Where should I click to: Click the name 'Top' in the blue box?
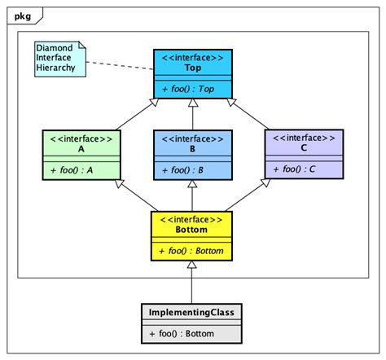tap(193, 68)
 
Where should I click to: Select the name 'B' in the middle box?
tap(193, 150)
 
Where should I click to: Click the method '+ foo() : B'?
tap(193, 170)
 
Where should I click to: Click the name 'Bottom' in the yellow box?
tap(192, 230)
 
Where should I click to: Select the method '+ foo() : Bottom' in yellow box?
tap(192, 251)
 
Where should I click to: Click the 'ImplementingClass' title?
tap(192, 313)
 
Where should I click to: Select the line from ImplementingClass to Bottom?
tap(192, 285)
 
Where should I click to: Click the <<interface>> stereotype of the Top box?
tap(193, 57)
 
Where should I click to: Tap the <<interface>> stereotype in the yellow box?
tap(192, 220)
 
